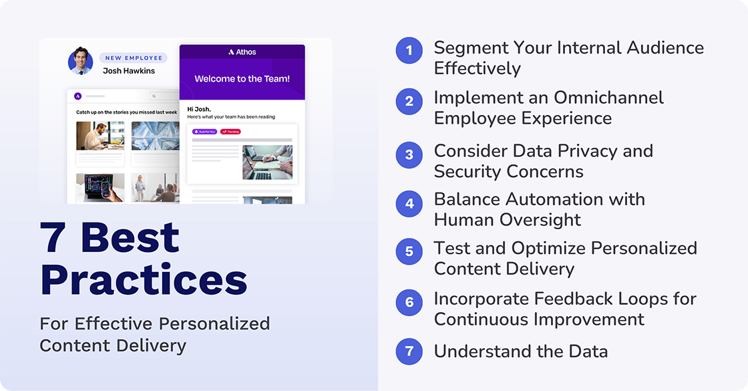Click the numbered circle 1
pos(409,51)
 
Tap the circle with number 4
pos(409,203)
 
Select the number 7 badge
pos(409,352)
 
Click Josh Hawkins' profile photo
pos(80,61)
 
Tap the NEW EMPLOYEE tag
pos(132,58)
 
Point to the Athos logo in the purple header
pos(242,52)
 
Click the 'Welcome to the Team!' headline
pos(242,79)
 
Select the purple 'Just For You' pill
pos(205,132)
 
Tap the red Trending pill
pos(230,132)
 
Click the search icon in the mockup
pos(153,96)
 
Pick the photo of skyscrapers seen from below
pos(155,136)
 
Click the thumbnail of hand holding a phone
pos(100,188)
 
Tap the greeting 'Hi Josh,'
pos(198,109)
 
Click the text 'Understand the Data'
pos(521,352)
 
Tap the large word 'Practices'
pos(144,279)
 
